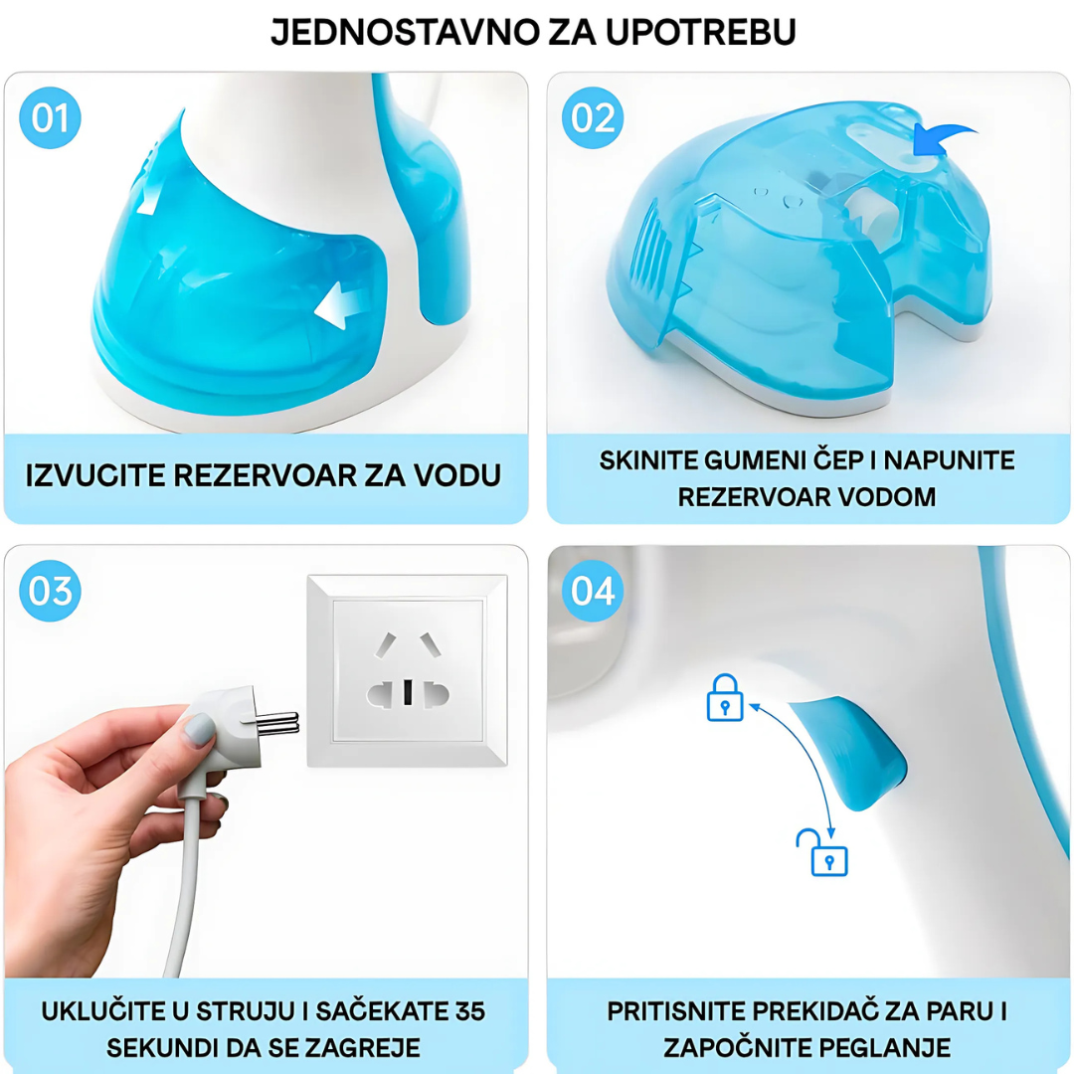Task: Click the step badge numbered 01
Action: (x=50, y=117)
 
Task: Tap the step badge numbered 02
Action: (x=593, y=117)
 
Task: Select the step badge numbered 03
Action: (x=50, y=591)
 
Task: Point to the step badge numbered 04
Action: (x=593, y=591)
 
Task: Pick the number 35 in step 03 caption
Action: (x=469, y=1011)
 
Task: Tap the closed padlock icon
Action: (x=725, y=697)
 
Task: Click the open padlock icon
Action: (x=822, y=852)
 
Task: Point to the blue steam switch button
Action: (x=853, y=750)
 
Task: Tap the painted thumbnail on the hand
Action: (x=200, y=730)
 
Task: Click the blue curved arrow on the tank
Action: (x=943, y=140)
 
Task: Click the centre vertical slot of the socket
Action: (x=408, y=692)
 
